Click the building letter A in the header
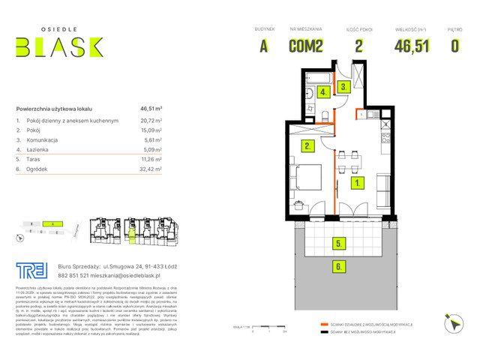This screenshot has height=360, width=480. [x=263, y=46]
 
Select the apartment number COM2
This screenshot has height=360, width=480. [x=306, y=46]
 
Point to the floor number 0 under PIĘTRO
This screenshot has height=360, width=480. [x=454, y=46]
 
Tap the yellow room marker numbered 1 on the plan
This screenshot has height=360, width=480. [x=358, y=182]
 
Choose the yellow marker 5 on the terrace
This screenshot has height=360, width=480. [x=340, y=243]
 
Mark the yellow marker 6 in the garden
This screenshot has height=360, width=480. [x=340, y=265]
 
